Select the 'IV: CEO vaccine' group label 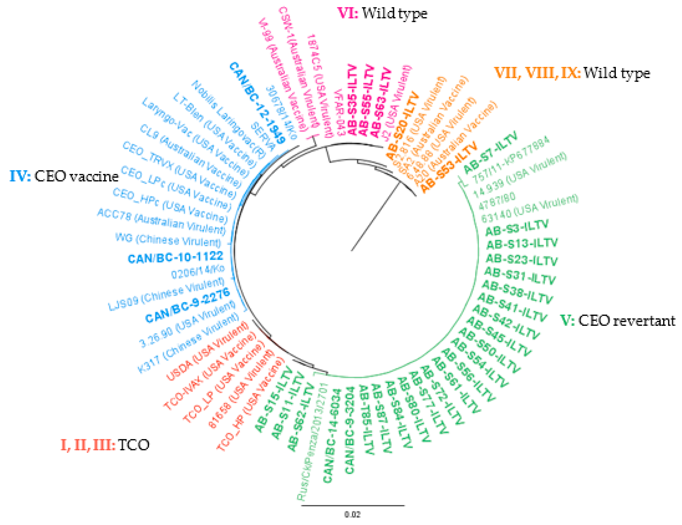coord(64,176)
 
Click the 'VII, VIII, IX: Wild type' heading coord(572,73)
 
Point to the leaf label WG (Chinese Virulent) coord(168,240)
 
